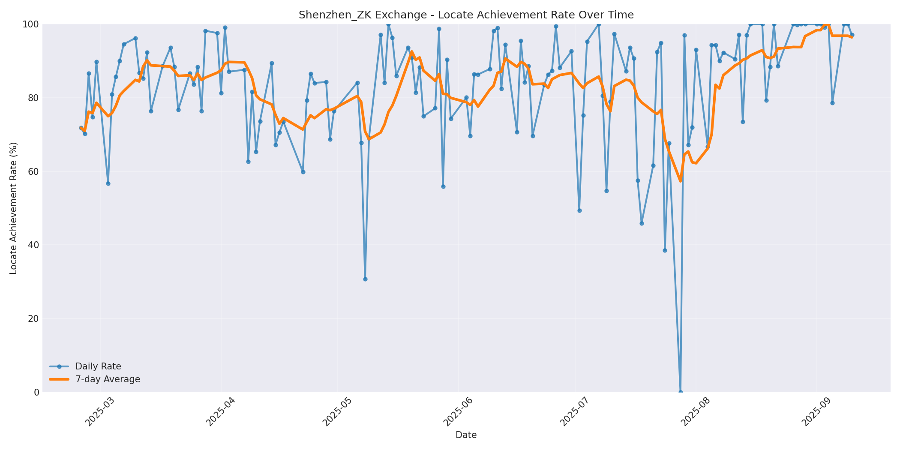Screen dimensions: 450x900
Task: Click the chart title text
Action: pyautogui.click(x=466, y=15)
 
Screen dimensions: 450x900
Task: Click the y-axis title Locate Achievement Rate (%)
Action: pyautogui.click(x=13, y=208)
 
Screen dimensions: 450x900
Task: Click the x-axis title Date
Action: pyautogui.click(x=466, y=435)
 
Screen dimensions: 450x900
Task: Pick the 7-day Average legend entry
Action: pyautogui.click(x=108, y=379)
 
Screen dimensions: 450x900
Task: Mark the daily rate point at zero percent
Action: pyautogui.click(x=681, y=392)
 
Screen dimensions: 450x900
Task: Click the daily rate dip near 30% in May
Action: pyautogui.click(x=365, y=279)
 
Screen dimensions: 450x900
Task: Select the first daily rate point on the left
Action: pyautogui.click(x=81, y=128)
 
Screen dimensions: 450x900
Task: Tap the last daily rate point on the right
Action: pyautogui.click(x=852, y=35)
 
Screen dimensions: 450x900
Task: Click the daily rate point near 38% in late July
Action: pyautogui.click(x=665, y=250)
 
